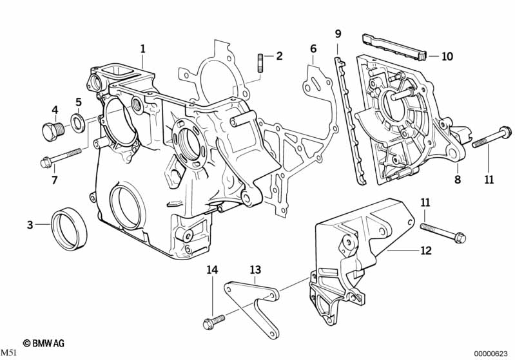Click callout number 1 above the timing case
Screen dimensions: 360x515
click(x=143, y=48)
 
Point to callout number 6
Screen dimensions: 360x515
click(x=313, y=48)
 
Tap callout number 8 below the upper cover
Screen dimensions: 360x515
click(x=457, y=180)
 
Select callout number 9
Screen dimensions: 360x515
click(x=338, y=33)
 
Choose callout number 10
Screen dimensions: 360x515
click(x=447, y=57)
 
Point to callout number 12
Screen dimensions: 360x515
click(x=425, y=251)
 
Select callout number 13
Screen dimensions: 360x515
click(x=255, y=269)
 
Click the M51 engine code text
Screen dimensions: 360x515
click(x=8, y=354)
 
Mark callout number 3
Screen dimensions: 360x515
click(x=30, y=225)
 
